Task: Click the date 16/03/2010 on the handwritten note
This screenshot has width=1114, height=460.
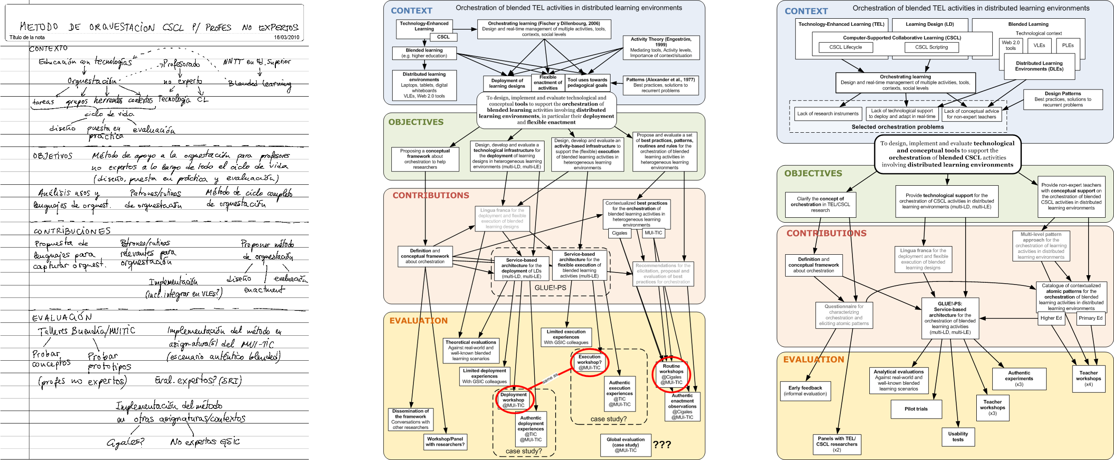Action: [x=286, y=37]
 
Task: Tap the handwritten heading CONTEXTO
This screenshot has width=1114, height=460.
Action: [x=49, y=49]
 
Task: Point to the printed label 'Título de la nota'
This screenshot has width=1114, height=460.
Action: [x=27, y=37]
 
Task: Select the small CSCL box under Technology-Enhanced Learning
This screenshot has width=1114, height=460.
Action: [x=443, y=37]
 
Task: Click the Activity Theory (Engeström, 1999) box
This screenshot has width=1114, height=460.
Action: [x=661, y=47]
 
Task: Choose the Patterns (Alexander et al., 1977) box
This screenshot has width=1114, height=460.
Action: [x=660, y=85]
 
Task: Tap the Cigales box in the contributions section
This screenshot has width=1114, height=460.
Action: [x=619, y=233]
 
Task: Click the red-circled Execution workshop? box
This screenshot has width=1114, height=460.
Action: [x=589, y=362]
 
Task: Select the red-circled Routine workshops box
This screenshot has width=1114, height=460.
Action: [x=671, y=374]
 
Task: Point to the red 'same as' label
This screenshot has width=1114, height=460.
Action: [x=549, y=379]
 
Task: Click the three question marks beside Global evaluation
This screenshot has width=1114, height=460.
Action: [x=662, y=444]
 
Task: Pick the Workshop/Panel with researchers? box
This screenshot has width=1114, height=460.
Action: [x=445, y=441]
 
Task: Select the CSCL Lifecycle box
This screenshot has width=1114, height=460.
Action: [x=845, y=47]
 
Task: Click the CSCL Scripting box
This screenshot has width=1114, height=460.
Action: [x=931, y=47]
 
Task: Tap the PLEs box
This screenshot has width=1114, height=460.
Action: [x=1068, y=45]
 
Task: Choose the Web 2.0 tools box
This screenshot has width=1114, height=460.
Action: [x=1011, y=45]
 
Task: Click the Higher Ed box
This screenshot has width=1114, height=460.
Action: [x=1051, y=318]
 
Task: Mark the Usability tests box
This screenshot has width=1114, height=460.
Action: [x=958, y=436]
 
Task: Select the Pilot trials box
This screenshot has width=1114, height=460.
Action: [x=916, y=409]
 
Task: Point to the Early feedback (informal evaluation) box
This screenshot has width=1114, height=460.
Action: [x=805, y=391]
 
